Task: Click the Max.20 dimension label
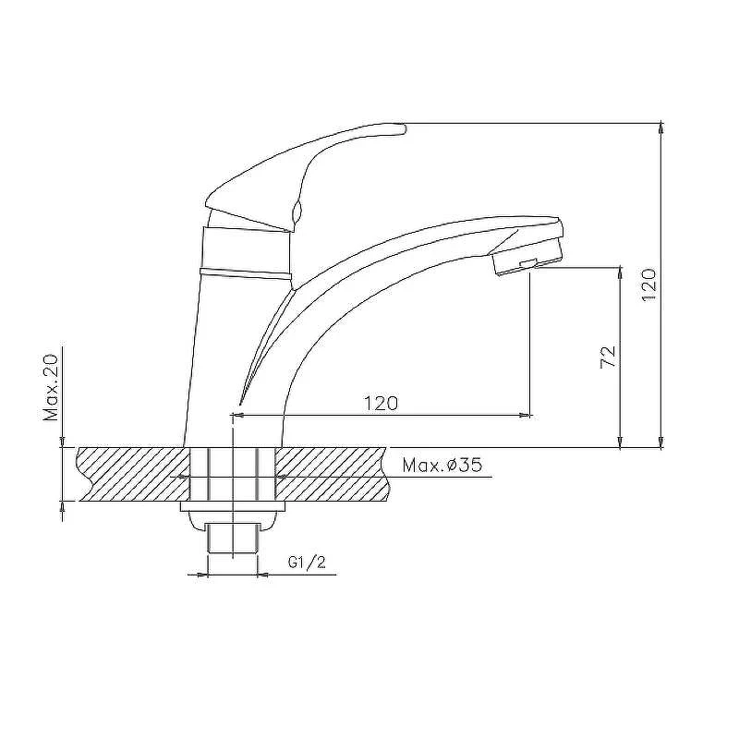[51, 387]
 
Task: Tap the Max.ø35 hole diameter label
[442, 466]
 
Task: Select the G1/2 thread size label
[307, 563]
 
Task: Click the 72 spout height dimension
[609, 357]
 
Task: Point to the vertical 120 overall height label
[649, 285]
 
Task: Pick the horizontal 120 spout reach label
[381, 404]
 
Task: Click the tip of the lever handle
[404, 128]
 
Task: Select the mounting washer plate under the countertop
[233, 506]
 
